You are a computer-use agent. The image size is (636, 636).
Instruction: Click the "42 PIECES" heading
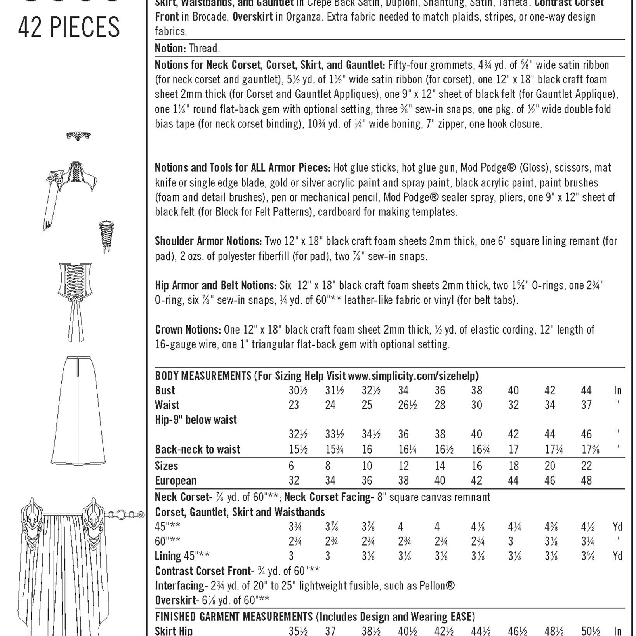point(69,28)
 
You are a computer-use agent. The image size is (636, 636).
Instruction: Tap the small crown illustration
point(78,136)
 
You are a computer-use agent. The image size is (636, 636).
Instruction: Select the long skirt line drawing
point(78,410)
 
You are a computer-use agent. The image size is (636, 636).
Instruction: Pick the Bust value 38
point(476,390)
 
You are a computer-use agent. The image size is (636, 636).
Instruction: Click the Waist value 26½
point(407,405)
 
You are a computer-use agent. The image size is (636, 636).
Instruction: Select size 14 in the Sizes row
point(440,466)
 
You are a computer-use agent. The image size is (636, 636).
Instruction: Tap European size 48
point(586,480)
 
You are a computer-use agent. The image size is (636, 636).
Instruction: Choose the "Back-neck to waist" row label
point(198,449)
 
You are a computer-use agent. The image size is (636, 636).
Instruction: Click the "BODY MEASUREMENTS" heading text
point(203,376)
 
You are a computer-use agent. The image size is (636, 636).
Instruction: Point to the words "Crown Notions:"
point(188,330)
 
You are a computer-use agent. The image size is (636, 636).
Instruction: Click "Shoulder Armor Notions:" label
point(208,241)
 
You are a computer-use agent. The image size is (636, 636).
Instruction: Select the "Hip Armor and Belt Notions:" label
point(215,285)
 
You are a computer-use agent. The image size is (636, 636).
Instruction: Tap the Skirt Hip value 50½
point(591,631)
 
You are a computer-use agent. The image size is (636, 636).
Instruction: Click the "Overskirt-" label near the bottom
point(177,600)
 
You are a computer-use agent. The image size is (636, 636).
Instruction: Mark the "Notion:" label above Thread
point(170,48)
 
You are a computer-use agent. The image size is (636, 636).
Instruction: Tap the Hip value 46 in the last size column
point(586,434)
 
